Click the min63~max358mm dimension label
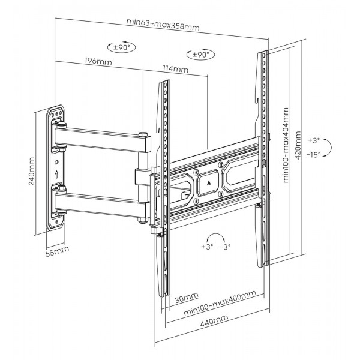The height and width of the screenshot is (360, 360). [163, 24]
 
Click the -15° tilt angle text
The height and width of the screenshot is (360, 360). [314, 154]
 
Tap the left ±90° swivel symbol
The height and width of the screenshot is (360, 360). [118, 47]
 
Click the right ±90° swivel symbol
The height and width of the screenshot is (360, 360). [200, 55]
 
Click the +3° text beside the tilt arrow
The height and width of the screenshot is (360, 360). [314, 140]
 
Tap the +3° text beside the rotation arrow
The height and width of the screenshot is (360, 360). [208, 247]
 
